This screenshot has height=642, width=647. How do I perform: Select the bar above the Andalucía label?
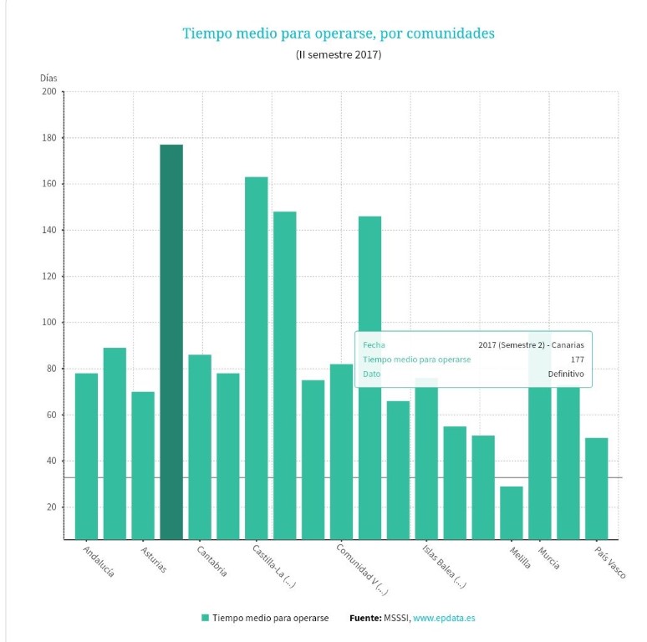coord(86,456)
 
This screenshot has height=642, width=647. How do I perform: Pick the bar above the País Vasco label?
coord(597,488)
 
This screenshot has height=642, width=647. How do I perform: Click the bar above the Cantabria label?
coord(200,446)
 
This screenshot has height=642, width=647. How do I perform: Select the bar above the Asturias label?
coord(143,465)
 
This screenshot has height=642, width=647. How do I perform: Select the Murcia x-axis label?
coord(549,558)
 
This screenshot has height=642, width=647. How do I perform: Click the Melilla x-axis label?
coord(520,558)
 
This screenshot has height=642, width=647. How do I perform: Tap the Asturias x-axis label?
coord(154,559)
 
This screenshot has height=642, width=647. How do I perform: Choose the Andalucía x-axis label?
coord(99,561)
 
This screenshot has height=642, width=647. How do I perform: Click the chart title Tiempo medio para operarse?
coord(339,33)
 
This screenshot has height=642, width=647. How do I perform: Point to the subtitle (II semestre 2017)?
coord(339,55)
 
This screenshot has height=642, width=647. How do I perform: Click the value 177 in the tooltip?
coord(577,359)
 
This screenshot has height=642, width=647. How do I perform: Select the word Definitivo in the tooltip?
coord(566,374)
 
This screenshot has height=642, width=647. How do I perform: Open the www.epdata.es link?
coord(445,618)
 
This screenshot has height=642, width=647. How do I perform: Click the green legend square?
coord(205,618)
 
